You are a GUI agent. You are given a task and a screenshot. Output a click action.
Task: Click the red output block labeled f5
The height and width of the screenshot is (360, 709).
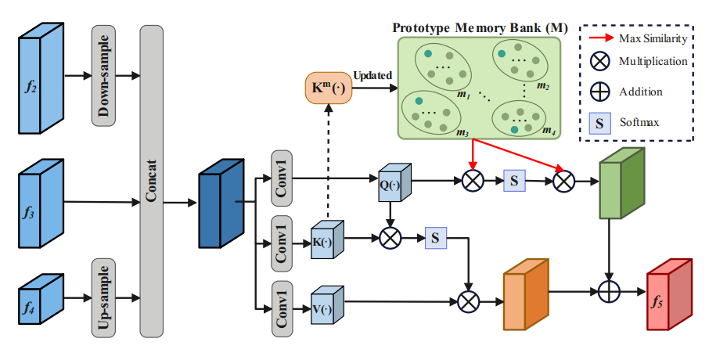(669, 296)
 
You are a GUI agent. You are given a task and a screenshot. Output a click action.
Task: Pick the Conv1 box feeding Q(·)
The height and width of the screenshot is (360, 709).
(282, 178)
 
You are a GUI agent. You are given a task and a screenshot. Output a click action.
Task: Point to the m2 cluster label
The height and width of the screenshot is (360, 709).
(542, 85)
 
